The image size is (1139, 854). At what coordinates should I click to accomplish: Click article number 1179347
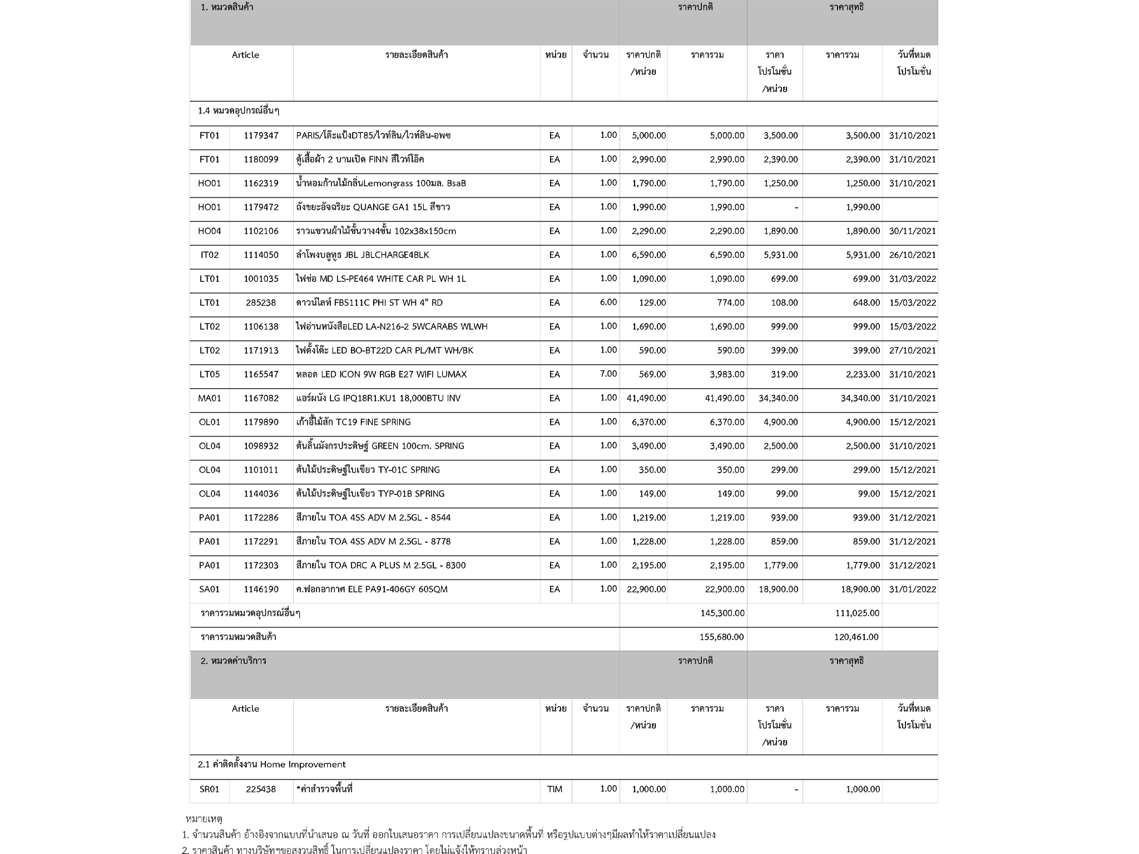pos(261,136)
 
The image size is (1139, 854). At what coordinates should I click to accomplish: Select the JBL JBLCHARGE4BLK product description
pos(363,255)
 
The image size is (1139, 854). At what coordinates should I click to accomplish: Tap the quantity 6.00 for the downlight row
pos(608,302)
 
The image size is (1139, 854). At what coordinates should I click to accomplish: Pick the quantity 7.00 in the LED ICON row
pos(608,374)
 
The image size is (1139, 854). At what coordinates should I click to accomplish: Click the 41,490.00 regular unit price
pos(646,398)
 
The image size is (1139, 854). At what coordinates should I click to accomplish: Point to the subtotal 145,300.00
pos(722,613)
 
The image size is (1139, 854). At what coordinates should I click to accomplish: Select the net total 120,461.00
pos(856,637)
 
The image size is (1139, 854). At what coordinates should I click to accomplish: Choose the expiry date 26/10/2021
pos(912,255)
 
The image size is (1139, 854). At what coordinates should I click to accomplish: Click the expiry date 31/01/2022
pos(912,589)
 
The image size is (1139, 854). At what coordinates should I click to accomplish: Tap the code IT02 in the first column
pos(210,255)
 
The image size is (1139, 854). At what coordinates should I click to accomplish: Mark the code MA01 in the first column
pos(210,398)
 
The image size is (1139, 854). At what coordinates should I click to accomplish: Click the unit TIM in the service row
pos(554,790)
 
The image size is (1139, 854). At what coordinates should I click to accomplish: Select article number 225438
pos(261,790)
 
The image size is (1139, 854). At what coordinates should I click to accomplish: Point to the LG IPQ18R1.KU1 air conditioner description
pos(378,398)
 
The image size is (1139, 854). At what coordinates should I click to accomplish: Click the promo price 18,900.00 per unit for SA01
pos(778,589)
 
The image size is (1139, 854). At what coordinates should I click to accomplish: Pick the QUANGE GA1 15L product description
pos(373,207)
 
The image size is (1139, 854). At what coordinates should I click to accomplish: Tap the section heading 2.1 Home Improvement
pos(271,765)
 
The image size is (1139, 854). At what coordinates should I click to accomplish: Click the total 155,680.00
pos(722,637)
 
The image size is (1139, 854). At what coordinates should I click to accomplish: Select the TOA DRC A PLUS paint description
pos(381,565)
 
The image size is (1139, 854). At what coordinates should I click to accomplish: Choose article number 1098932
pos(261,446)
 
